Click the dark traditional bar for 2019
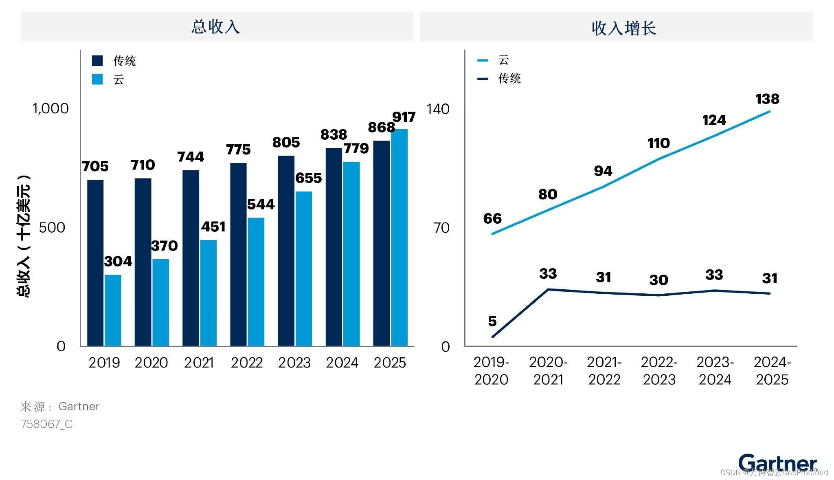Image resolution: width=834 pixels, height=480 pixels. [x=95, y=263]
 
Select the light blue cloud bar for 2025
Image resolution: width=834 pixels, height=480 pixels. [x=399, y=238]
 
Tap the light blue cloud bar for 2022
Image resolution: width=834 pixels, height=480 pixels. [x=256, y=282]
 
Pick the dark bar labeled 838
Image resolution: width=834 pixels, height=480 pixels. [x=334, y=247]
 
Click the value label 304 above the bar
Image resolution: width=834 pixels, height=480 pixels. [x=118, y=261]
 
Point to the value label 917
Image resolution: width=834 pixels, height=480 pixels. [x=404, y=117]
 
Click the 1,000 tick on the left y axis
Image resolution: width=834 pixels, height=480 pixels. [x=50, y=108]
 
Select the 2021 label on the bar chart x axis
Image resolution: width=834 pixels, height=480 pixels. [x=199, y=363]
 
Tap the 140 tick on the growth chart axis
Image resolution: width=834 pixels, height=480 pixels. [x=438, y=109]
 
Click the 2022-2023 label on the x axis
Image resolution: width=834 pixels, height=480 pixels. [x=659, y=371]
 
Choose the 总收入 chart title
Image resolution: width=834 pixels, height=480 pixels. [x=215, y=27]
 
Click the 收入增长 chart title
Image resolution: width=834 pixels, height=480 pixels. [x=623, y=28]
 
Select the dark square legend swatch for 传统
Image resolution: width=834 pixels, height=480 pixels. [x=97, y=61]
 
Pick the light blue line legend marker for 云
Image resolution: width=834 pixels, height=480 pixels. [x=483, y=60]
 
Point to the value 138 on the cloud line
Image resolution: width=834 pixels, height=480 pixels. [x=767, y=99]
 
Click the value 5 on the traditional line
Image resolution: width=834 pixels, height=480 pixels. [x=492, y=321]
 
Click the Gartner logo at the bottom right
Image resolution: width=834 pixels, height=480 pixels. [x=777, y=463]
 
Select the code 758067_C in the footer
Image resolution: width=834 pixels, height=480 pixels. [x=47, y=424]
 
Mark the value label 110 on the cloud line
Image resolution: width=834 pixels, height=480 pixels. [x=658, y=143]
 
